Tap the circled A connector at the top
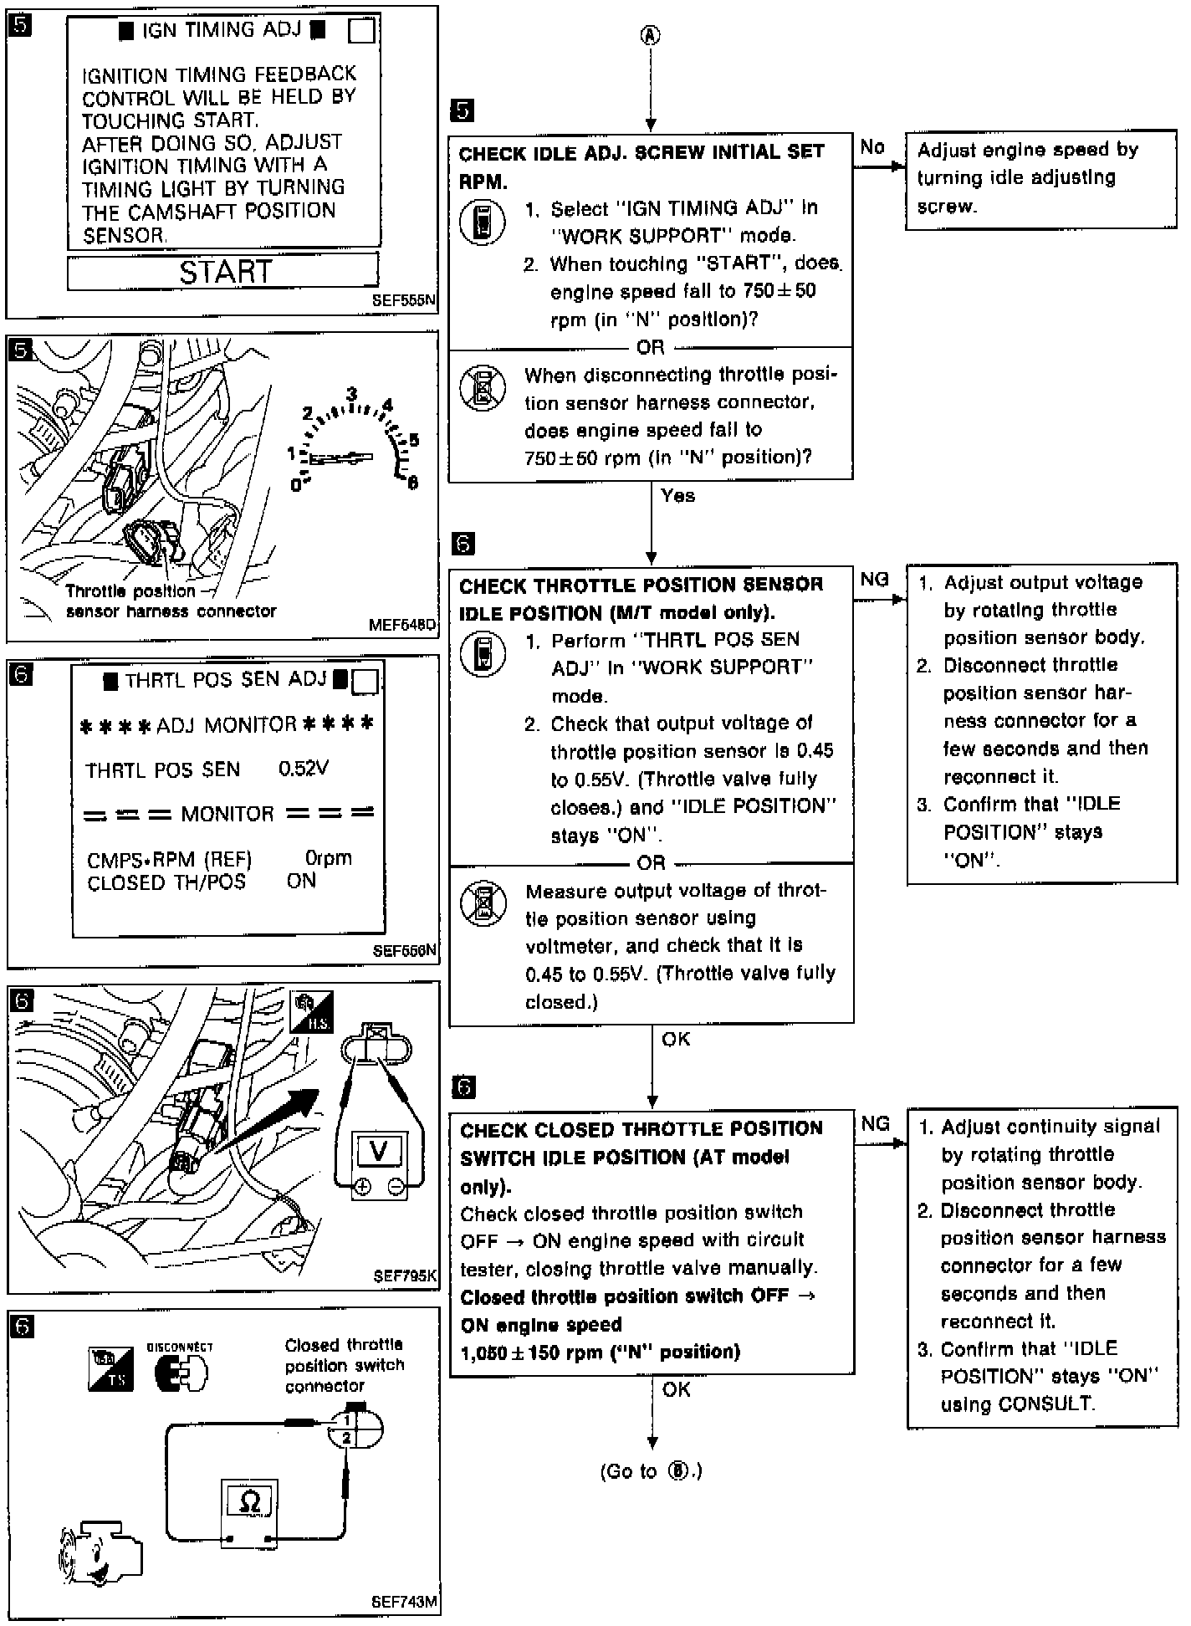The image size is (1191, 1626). tap(650, 35)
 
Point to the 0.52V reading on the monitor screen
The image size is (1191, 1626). tap(303, 769)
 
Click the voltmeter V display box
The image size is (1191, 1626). tap(378, 1153)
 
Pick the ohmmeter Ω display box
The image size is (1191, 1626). tap(248, 1501)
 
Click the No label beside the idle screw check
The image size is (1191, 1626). tap(872, 147)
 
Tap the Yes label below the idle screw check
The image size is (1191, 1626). tap(677, 496)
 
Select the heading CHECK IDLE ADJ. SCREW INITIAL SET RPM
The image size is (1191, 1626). tap(641, 166)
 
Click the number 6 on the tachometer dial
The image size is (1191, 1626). tap(412, 483)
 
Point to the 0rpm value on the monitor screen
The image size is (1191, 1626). tap(328, 858)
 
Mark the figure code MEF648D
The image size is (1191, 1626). tap(402, 625)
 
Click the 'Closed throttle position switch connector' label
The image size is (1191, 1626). tap(344, 1365)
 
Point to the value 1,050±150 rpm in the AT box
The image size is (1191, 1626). tap(600, 1352)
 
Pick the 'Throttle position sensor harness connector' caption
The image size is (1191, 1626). tap(171, 601)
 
